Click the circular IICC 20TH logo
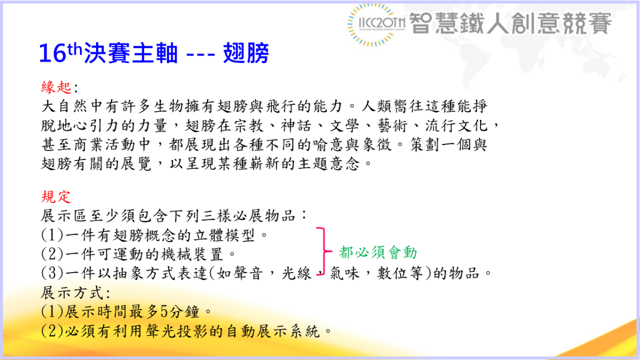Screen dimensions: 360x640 coord(377,24)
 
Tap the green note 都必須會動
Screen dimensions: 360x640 coord(378,252)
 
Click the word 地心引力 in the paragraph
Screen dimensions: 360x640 coord(99,125)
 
